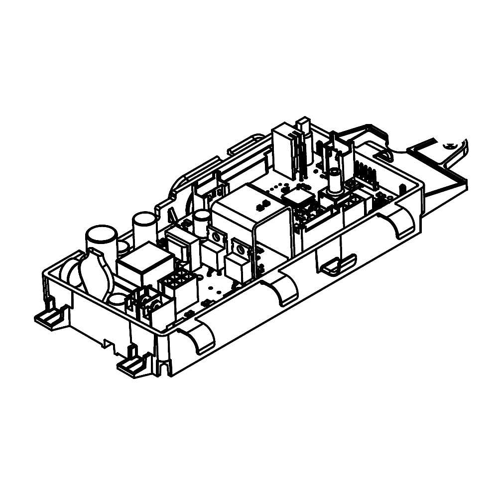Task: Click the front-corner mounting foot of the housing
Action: (x=130, y=367)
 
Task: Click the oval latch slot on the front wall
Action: (x=339, y=264)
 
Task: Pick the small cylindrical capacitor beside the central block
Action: (x=202, y=222)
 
